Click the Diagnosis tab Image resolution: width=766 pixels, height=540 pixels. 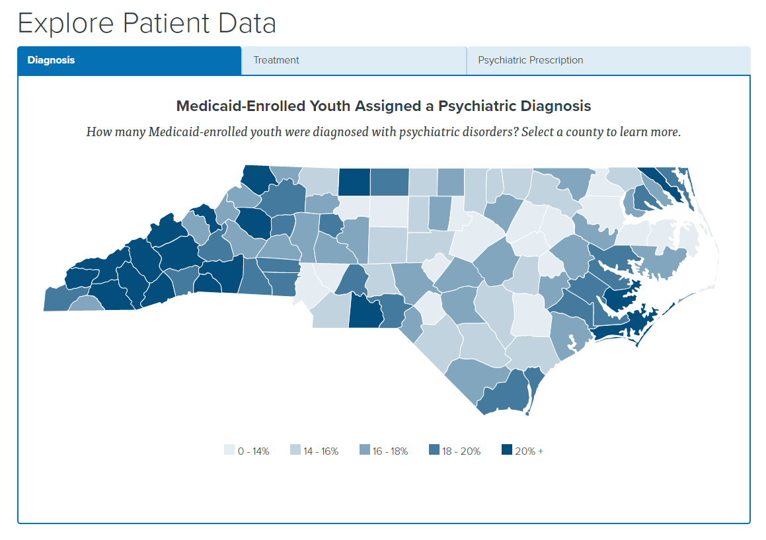click(51, 60)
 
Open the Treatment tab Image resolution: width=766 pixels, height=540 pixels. click(276, 60)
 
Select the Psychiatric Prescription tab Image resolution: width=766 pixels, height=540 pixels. click(530, 60)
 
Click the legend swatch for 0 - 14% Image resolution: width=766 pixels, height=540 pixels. click(229, 451)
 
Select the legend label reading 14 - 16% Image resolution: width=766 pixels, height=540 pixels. click(321, 451)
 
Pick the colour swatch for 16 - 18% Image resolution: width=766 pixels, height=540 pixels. click(364, 451)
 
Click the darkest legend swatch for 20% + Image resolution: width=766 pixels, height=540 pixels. click(506, 451)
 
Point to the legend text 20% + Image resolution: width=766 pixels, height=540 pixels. click(529, 451)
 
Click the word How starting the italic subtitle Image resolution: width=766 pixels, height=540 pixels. click(98, 132)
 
